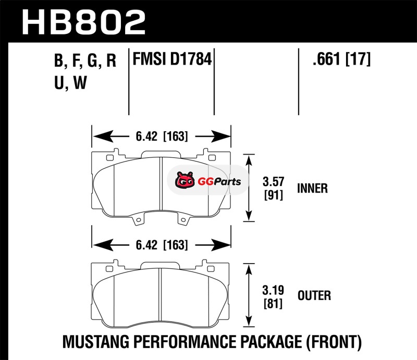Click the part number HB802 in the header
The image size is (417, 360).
pyautogui.click(x=84, y=22)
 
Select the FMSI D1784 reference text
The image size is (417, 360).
pyautogui.click(x=172, y=59)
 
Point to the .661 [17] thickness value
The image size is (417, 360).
pyautogui.click(x=341, y=59)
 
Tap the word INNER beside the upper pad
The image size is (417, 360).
pyautogui.click(x=312, y=188)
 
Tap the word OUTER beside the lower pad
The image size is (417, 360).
pyautogui.click(x=314, y=295)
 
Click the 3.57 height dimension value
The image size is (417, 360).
pyautogui.click(x=273, y=182)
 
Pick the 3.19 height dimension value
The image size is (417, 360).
pyautogui.click(x=273, y=290)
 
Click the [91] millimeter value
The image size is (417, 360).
pyautogui.click(x=273, y=195)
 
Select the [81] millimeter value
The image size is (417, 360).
pyautogui.click(x=273, y=303)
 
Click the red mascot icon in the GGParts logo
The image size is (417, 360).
pyautogui.click(x=185, y=180)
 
